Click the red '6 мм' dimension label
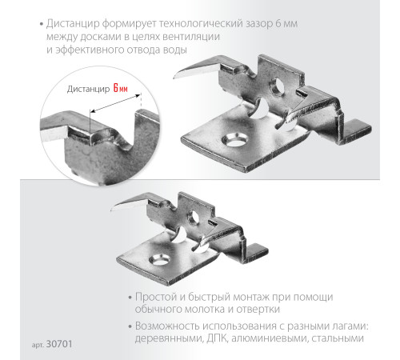coord(121,88)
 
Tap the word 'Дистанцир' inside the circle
coord(88,89)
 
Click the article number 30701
coord(59,344)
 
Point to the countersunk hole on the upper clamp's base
coord(235,140)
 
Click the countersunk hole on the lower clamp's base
coord(160,260)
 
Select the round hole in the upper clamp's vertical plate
coord(278,86)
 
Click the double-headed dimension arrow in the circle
coord(115,102)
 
